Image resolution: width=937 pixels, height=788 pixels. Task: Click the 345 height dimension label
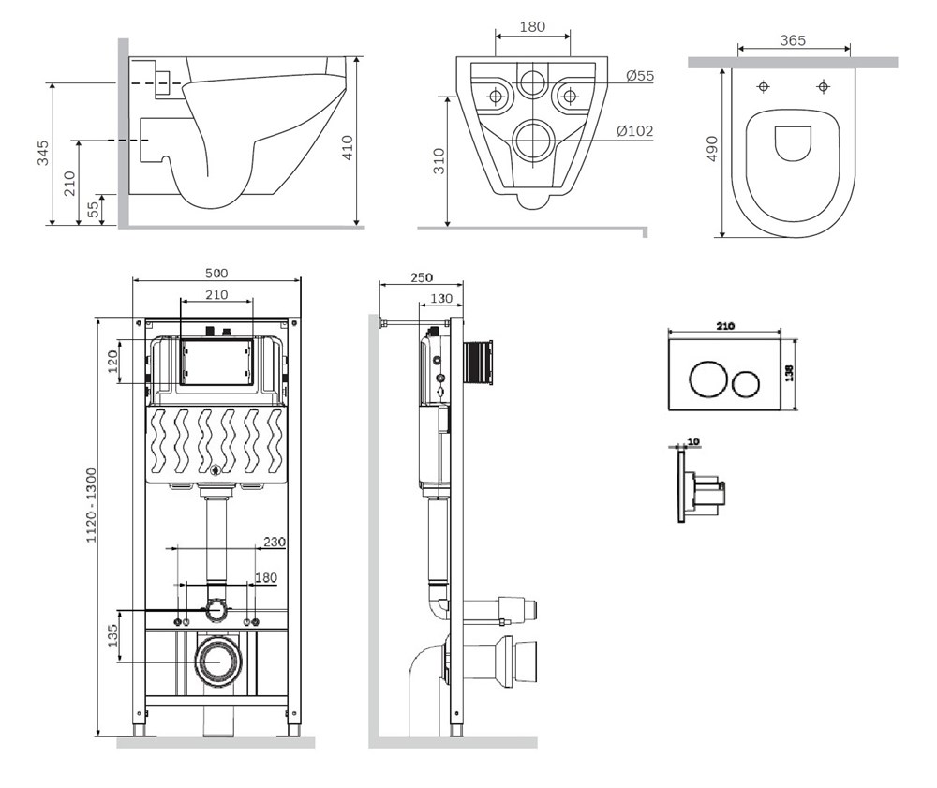click(x=43, y=154)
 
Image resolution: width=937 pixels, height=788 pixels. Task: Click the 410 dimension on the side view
click(x=348, y=147)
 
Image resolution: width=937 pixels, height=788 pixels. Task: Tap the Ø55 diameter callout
click(x=640, y=76)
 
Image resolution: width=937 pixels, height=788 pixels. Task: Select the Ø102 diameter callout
click(x=634, y=131)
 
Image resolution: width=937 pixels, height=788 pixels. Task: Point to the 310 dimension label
click(x=439, y=161)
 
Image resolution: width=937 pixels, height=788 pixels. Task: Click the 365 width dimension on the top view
click(x=793, y=40)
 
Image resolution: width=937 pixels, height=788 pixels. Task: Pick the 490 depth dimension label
click(x=712, y=148)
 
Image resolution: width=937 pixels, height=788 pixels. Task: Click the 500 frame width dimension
click(x=216, y=273)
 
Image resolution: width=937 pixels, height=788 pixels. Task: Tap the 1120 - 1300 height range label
click(x=91, y=505)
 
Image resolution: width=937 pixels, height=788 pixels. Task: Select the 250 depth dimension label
click(x=422, y=277)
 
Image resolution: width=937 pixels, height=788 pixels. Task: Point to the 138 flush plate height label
click(x=789, y=374)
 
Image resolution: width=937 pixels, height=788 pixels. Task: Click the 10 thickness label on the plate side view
click(x=693, y=441)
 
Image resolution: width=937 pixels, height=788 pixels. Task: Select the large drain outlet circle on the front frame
click(x=218, y=662)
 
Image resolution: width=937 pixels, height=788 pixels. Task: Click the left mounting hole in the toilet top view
click(x=763, y=86)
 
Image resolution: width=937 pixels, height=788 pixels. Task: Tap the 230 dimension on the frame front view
click(x=275, y=542)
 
